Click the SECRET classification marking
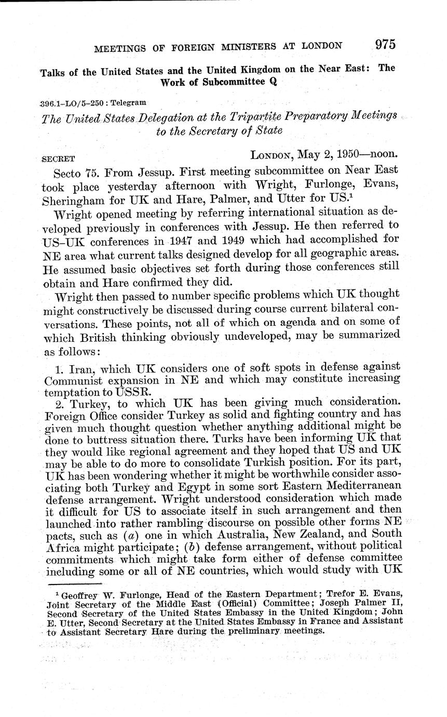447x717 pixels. click(x=58, y=159)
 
